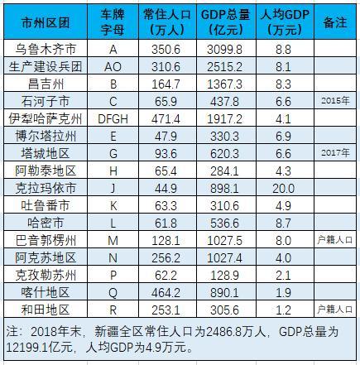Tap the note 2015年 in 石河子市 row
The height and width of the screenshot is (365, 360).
pyautogui.click(x=334, y=101)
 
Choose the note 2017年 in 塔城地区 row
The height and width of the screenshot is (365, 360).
pyautogui.click(x=334, y=152)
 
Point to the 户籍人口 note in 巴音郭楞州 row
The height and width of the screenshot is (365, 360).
pyautogui.click(x=334, y=238)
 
